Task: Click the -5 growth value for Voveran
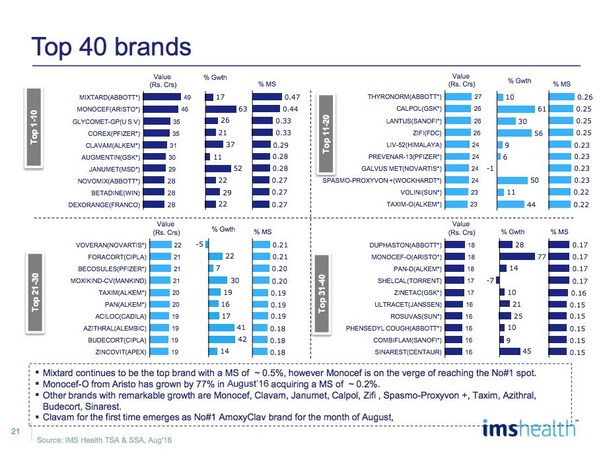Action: point(198,245)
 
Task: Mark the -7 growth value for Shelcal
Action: point(489,280)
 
